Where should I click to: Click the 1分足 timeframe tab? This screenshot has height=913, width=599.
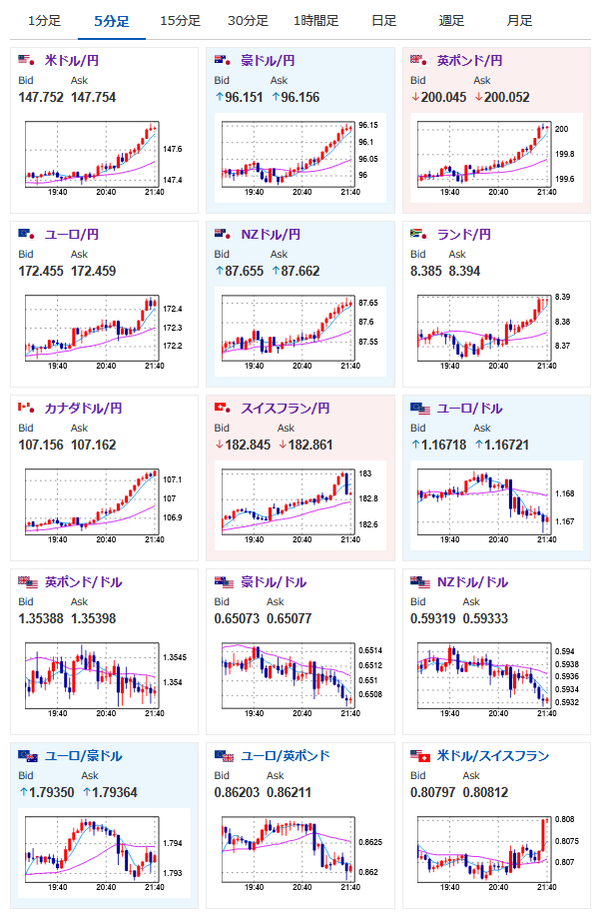click(x=44, y=21)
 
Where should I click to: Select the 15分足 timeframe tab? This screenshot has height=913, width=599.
click(x=180, y=21)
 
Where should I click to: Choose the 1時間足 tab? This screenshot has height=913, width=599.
click(x=315, y=21)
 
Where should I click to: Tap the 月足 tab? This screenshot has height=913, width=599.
click(x=519, y=21)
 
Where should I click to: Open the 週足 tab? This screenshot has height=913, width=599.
click(x=451, y=21)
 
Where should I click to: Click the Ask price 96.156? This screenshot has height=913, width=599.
click(x=296, y=97)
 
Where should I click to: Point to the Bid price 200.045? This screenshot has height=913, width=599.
click(x=444, y=97)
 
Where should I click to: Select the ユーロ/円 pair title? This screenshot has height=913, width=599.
click(x=71, y=235)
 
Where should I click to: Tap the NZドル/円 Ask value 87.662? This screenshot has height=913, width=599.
click(x=296, y=271)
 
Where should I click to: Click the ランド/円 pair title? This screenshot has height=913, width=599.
click(x=464, y=235)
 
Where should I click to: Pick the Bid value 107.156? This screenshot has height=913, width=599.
click(x=41, y=445)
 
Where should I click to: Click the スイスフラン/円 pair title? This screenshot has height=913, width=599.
click(x=285, y=409)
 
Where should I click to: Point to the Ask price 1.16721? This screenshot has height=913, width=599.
click(x=509, y=445)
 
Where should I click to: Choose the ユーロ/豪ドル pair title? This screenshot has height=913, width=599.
click(x=84, y=756)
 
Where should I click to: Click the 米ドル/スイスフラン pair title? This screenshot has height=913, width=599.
click(x=493, y=756)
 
